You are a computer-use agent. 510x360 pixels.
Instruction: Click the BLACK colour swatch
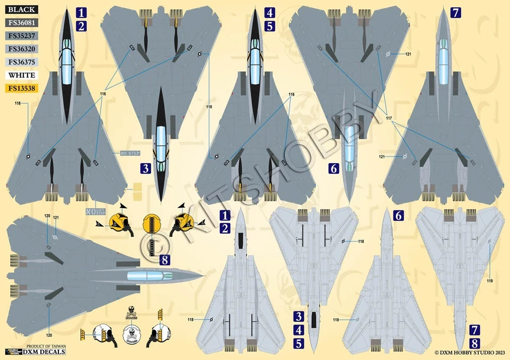[22, 10]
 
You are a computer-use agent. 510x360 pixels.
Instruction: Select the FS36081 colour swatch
[22, 23]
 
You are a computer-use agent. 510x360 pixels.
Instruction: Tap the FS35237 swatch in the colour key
[22, 36]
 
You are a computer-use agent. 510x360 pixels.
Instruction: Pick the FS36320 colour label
[22, 49]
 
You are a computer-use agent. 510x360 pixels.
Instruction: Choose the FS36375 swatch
[22, 62]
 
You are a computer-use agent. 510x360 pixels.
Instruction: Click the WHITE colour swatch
[22, 75]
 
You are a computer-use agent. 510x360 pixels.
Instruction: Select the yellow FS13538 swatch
[22, 88]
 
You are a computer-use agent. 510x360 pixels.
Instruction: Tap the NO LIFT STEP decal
[96, 211]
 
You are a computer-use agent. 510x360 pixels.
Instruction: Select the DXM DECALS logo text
[50, 352]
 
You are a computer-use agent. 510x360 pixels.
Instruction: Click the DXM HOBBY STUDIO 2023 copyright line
[469, 352]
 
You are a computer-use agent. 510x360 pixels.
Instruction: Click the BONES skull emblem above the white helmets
[131, 313]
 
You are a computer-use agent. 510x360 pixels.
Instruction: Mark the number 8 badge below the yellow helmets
[165, 260]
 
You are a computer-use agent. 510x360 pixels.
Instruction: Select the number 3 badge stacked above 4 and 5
[299, 317]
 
